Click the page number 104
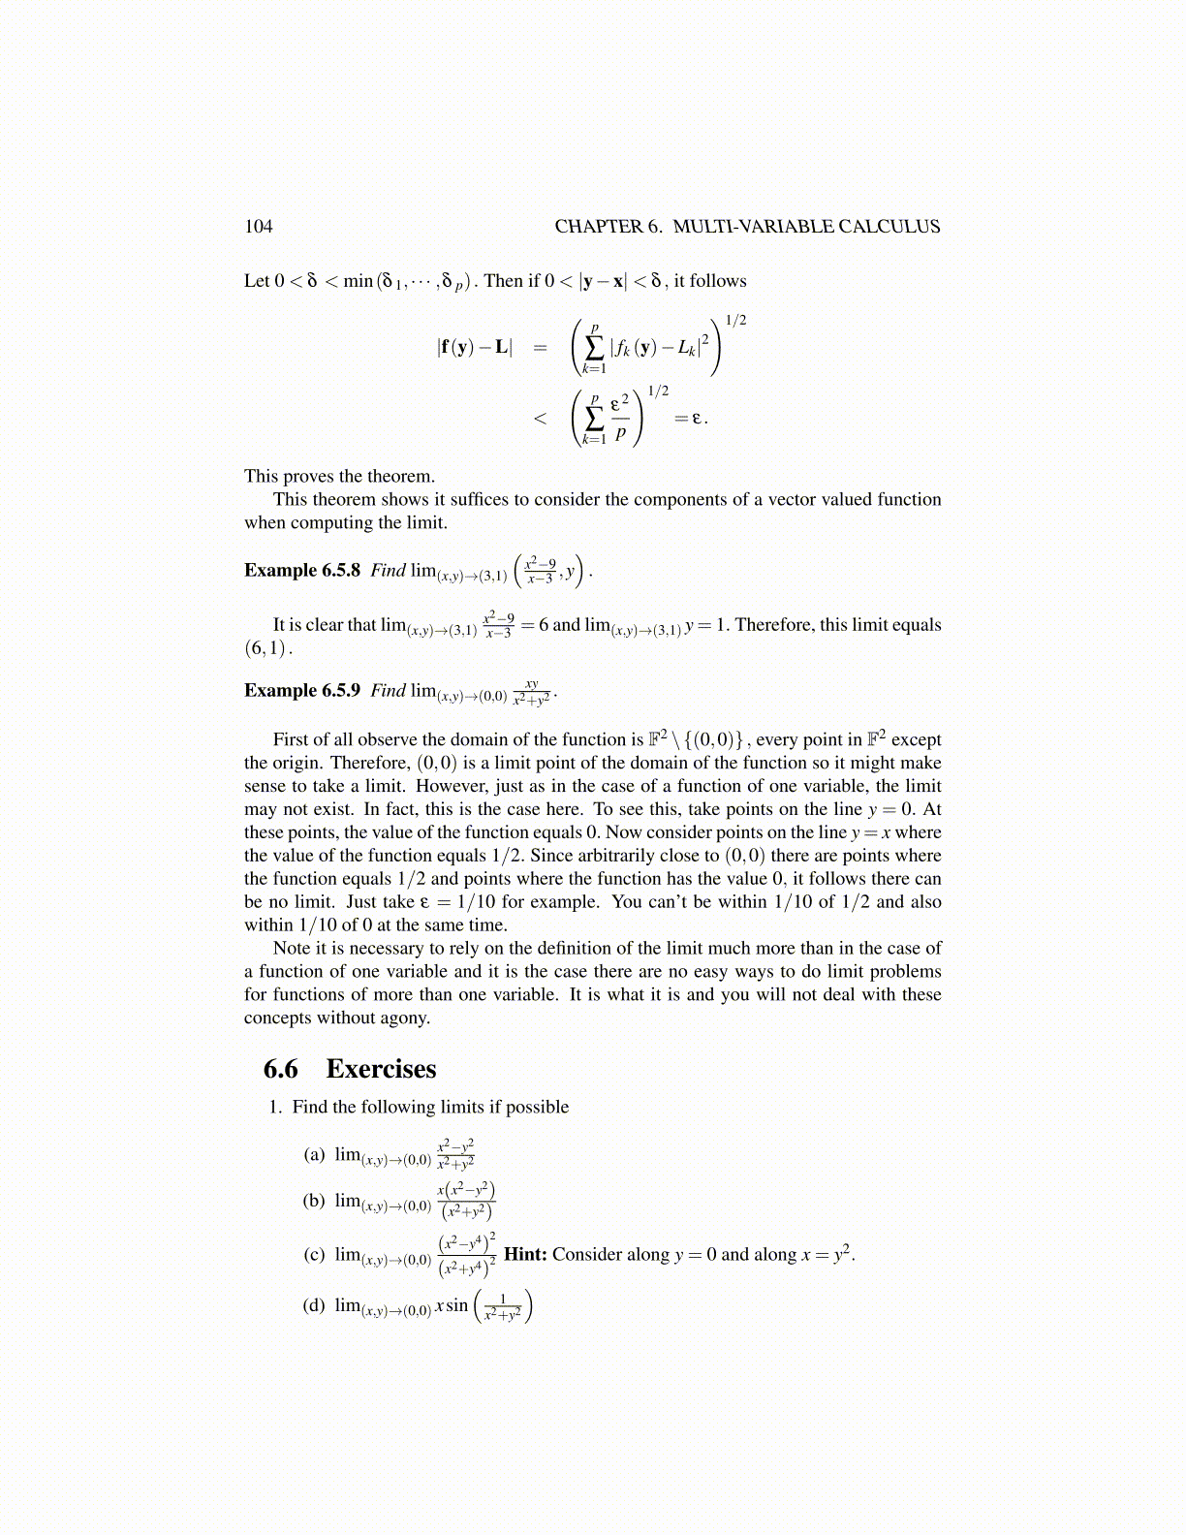coord(259,227)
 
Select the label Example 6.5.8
coord(302,571)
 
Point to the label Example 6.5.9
coord(302,691)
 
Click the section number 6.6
coord(281,1069)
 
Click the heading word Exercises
coord(381,1069)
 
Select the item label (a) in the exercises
coord(314,1154)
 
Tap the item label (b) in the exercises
coord(314,1201)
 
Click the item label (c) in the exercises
coord(314,1255)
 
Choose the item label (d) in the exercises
coord(314,1305)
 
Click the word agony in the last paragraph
coord(406,1018)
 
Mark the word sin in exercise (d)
coord(457,1305)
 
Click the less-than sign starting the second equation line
coord(540,419)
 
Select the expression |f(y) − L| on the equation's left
coord(475,347)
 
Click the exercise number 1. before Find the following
coord(275,1108)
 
